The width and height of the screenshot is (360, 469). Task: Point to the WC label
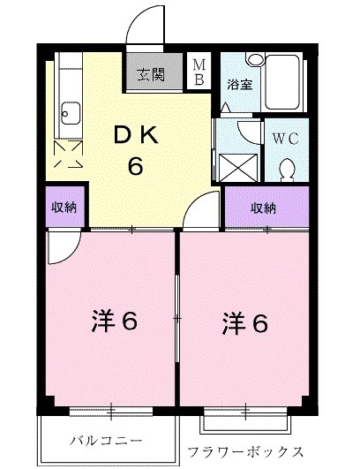285,139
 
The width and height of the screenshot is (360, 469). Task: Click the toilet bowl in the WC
287,165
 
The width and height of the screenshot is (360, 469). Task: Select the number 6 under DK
136,165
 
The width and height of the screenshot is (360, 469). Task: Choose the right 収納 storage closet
263,208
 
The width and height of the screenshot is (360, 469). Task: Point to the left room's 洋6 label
114,321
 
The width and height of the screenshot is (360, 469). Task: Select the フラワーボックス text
246,450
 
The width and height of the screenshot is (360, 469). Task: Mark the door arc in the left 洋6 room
63,248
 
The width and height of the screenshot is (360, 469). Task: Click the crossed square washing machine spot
237,164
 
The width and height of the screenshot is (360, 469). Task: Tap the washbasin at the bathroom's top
254,60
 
